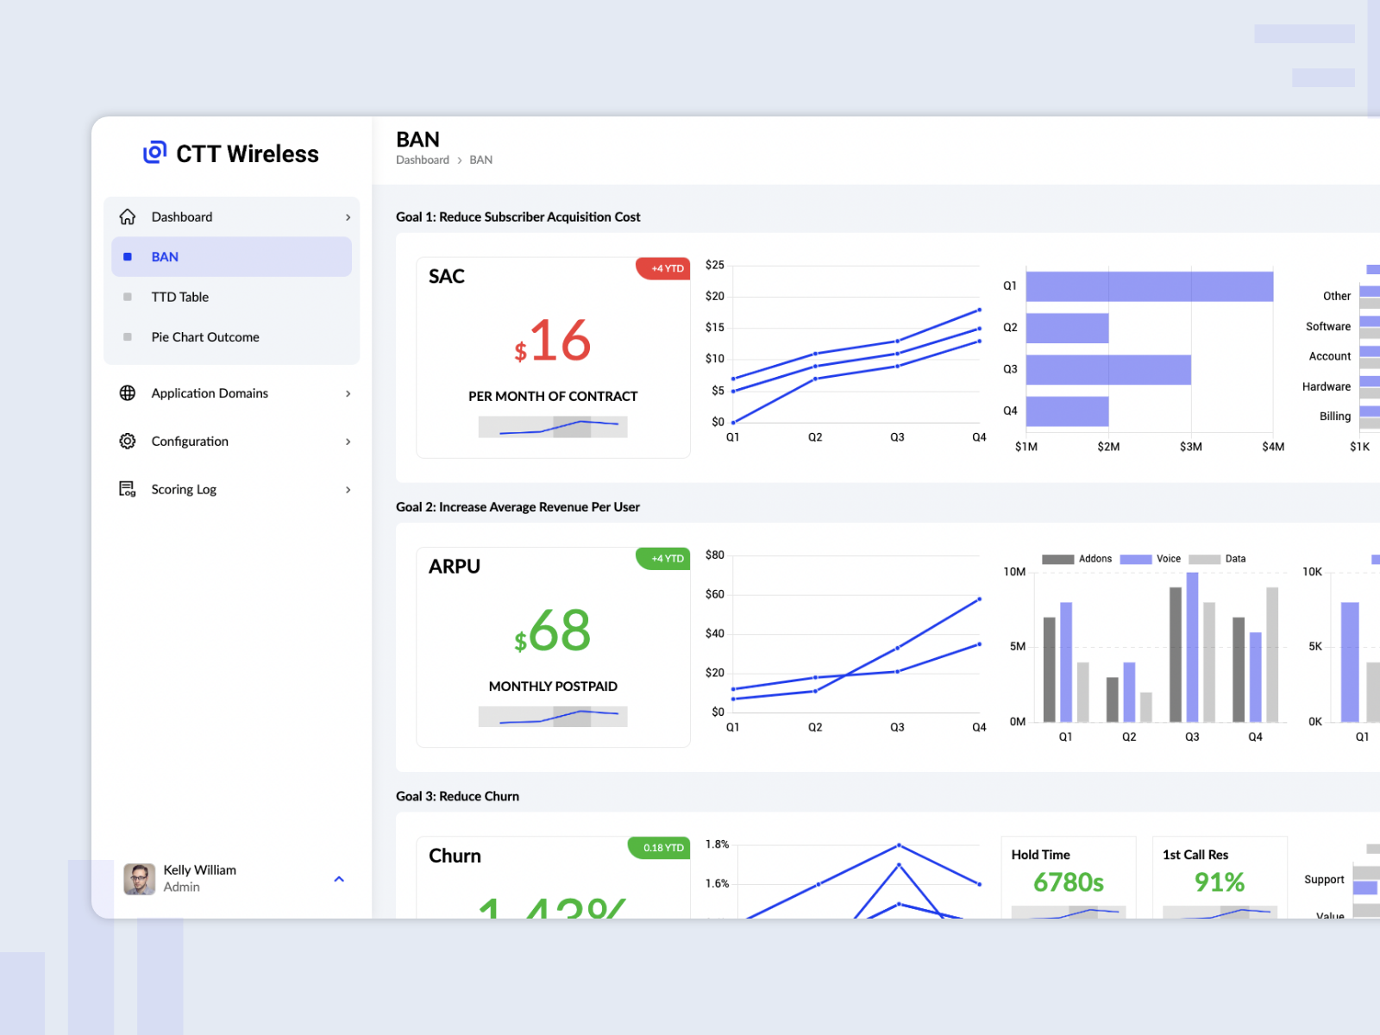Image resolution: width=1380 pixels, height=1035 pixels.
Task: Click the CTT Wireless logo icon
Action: (154, 153)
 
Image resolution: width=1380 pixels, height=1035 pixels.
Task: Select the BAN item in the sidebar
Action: (165, 257)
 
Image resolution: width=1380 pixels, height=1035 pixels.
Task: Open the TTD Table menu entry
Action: (179, 297)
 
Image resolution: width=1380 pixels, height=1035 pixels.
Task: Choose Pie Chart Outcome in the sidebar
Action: (204, 337)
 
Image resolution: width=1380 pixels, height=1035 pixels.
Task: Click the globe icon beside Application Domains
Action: (128, 393)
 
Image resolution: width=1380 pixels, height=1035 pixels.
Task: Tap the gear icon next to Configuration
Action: (128, 441)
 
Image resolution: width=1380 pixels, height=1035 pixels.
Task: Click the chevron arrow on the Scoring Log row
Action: (348, 490)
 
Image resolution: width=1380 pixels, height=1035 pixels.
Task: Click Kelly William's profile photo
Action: (139, 879)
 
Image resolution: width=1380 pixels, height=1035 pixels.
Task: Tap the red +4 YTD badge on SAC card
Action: (664, 268)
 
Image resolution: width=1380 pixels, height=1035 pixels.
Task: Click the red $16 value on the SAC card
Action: (553, 342)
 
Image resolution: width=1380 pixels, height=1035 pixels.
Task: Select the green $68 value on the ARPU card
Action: (553, 631)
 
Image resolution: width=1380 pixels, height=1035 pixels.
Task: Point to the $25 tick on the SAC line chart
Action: (714, 265)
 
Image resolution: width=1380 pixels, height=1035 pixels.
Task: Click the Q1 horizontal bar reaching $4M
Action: (1149, 286)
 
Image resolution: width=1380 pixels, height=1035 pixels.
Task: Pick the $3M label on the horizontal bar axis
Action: (1190, 447)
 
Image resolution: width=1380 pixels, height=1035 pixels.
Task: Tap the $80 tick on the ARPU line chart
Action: (714, 555)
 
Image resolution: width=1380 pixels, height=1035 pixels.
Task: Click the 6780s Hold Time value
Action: (1068, 882)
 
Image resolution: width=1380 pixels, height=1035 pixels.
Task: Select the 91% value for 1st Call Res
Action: (1219, 882)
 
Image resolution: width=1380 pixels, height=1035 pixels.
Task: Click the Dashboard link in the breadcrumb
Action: (423, 160)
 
